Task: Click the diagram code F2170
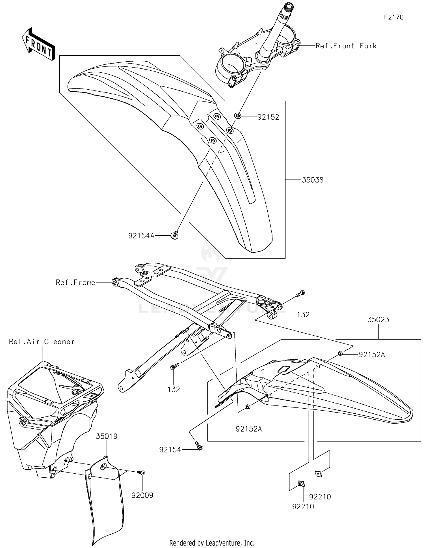point(393,17)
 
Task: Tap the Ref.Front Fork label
point(346,46)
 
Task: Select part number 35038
point(312,180)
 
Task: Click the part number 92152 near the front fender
point(268,117)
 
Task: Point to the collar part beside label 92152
point(238,115)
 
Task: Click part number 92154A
point(141,236)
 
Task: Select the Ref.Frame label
point(75,282)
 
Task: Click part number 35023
point(378,320)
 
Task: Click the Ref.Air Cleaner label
point(42,342)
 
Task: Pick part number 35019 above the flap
point(107,436)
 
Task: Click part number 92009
point(142,495)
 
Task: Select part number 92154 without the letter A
point(170,450)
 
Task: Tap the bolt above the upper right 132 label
point(300,294)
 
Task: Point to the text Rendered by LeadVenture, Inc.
point(212,543)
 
